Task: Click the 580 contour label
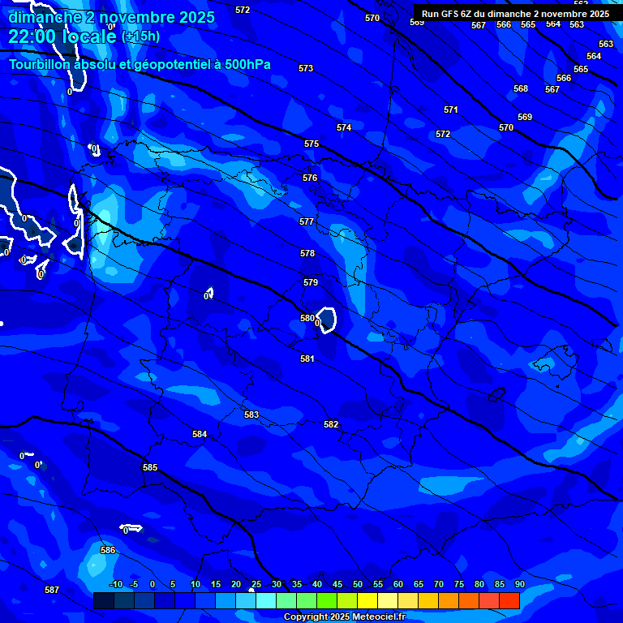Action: click(307, 318)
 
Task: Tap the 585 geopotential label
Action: click(150, 467)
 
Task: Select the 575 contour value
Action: click(311, 144)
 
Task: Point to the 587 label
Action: click(52, 590)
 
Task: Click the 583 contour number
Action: click(251, 415)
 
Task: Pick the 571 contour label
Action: click(451, 110)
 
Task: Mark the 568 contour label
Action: click(521, 88)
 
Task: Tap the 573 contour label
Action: click(306, 69)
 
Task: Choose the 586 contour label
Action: click(108, 550)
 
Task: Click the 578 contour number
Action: click(307, 253)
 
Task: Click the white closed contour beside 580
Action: click(327, 320)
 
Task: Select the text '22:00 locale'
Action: click(62, 37)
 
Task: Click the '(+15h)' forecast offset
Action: click(140, 37)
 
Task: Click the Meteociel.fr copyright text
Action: click(344, 617)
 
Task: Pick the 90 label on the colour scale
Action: click(519, 584)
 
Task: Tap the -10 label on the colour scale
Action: click(116, 584)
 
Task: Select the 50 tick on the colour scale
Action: click(358, 584)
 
